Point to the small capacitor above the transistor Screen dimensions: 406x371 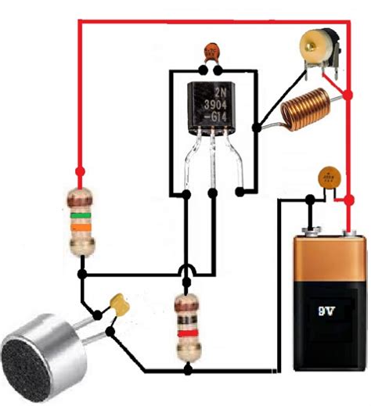click(211, 52)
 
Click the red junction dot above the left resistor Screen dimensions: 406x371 click(79, 171)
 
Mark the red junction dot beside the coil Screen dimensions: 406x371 click(347, 95)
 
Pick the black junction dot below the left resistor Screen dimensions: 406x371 click(81, 275)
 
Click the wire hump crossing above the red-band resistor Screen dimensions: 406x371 click(185, 272)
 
